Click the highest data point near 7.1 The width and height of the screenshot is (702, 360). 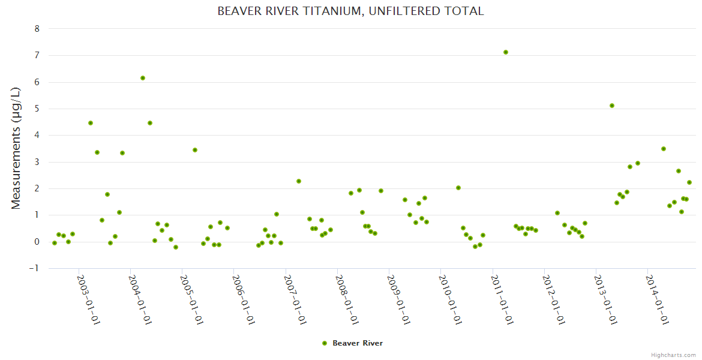click(506, 52)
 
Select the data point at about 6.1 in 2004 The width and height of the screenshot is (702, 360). click(143, 78)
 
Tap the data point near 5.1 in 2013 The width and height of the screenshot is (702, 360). click(612, 106)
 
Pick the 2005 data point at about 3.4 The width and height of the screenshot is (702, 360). click(195, 150)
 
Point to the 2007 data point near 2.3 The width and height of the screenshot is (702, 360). click(299, 181)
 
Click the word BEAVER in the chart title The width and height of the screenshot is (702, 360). click(239, 11)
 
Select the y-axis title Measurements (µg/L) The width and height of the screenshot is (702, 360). click(16, 148)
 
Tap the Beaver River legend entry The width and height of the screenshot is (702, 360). click(357, 343)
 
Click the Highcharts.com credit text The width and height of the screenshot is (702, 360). click(673, 355)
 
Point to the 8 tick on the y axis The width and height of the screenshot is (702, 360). click(37, 29)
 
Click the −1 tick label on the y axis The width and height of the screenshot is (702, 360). click(34, 268)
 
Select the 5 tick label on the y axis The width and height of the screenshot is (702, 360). click(37, 109)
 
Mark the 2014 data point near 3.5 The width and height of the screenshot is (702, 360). click(664, 149)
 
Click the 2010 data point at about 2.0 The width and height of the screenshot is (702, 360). click(458, 188)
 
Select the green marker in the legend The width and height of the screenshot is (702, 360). click(325, 343)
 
